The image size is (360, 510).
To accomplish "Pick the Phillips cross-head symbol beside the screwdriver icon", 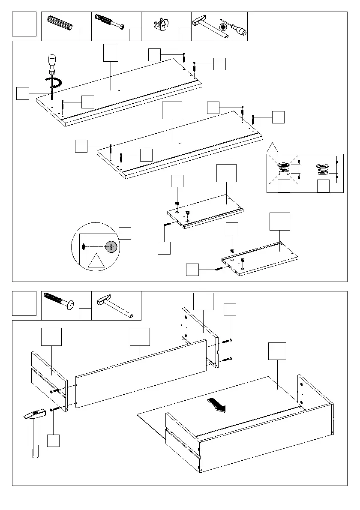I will pyautogui.click(x=223, y=27).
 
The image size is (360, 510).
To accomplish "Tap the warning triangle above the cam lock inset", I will pyautogui.click(x=273, y=147).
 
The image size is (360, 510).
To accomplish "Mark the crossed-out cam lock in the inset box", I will pyautogui.click(x=283, y=168).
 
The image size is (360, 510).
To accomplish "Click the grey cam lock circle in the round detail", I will pyautogui.click(x=111, y=246).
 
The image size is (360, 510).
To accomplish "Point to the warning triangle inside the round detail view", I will pyautogui.click(x=96, y=261).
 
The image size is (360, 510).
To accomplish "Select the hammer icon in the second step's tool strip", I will pyautogui.click(x=114, y=306).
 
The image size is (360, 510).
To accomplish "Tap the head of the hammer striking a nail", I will pyautogui.click(x=33, y=415).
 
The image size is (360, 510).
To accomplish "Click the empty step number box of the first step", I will pyautogui.click(x=24, y=24).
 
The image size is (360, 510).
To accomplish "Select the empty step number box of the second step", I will pyautogui.click(x=24, y=303).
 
